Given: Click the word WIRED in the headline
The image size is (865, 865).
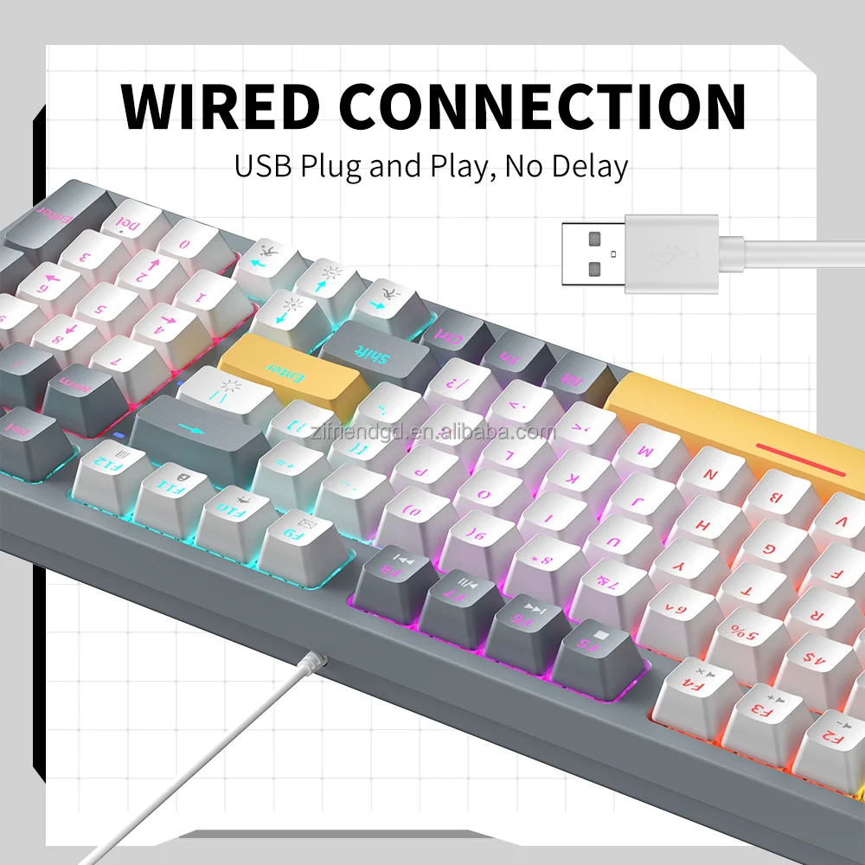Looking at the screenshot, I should pyautogui.click(x=221, y=106).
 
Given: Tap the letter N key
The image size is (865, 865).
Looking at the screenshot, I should pyautogui.click(x=713, y=475).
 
